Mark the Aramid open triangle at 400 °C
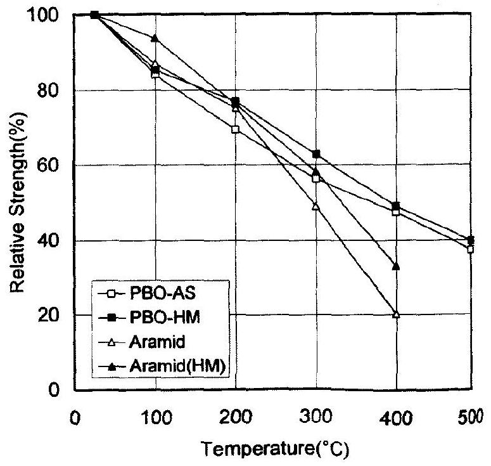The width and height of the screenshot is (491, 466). (397, 314)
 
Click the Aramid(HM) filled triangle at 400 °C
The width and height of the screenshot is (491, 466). (397, 266)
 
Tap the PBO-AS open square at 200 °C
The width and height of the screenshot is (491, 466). (236, 129)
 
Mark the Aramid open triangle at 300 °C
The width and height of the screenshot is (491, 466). (316, 206)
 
